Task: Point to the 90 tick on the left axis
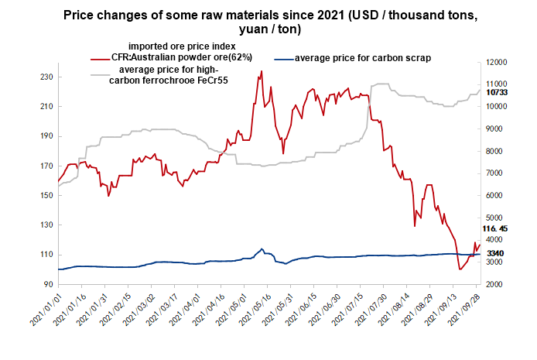tap(47, 284)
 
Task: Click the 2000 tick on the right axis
tap(494, 284)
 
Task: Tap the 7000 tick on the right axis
tap(494, 173)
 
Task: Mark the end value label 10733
tap(497, 92)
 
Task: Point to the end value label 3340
tap(495, 253)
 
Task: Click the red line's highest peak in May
tap(262, 71)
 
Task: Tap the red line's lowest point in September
tap(460, 269)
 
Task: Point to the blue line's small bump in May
tap(262, 249)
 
